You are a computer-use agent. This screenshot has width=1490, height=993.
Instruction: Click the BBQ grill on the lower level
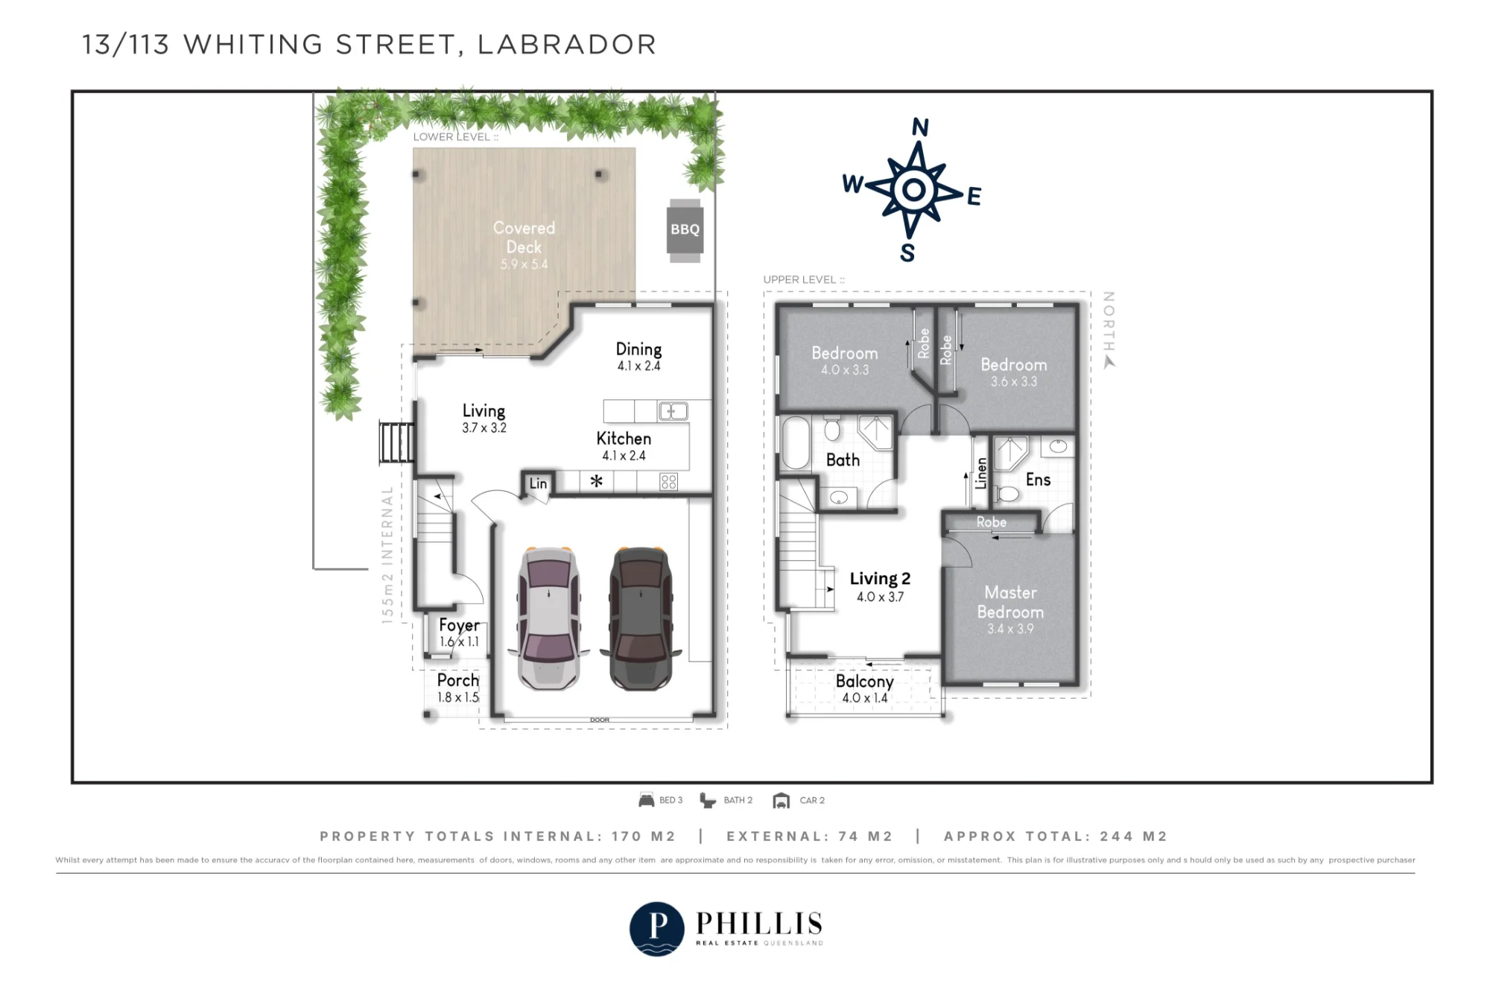[x=685, y=230]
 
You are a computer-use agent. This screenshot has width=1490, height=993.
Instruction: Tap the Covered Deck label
[x=524, y=238]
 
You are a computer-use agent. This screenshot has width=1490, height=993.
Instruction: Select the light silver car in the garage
[x=548, y=618]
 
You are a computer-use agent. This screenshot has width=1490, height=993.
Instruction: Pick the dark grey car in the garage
[x=641, y=618]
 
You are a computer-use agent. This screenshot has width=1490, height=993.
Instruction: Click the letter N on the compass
[x=920, y=127]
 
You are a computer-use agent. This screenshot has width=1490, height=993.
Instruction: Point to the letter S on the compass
[x=907, y=253]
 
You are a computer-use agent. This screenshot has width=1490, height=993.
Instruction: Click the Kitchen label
[x=624, y=439]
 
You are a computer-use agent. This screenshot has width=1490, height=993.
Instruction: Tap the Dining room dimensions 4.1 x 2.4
[x=638, y=366]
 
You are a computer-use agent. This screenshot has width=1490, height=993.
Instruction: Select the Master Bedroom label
[x=1010, y=602]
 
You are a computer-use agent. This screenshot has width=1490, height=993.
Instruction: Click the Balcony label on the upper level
[x=864, y=681]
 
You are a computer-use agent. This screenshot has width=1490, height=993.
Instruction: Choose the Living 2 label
[x=880, y=579]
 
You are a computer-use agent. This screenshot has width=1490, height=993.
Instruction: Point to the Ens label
[x=1038, y=480]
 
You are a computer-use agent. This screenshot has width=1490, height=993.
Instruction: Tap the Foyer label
[x=459, y=626]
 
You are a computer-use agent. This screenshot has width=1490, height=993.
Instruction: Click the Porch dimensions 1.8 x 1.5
[x=458, y=697]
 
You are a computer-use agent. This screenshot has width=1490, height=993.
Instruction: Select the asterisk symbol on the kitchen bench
[x=596, y=481]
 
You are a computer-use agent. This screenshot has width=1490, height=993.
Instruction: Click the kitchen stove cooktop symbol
[x=668, y=482]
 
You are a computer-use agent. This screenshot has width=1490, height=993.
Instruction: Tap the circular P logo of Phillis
[x=656, y=928]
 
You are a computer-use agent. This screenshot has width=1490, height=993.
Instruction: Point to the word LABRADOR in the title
[x=567, y=45]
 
